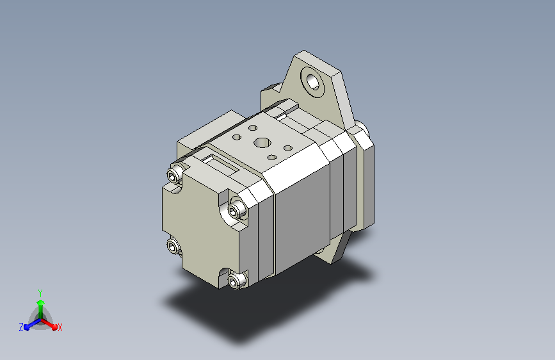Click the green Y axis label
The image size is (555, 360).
coord(40,293)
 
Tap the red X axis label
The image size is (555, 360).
coord(60,328)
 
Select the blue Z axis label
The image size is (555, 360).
coord(21,327)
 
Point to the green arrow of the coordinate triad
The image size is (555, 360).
coord(41,309)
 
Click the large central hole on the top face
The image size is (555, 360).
coord(262,143)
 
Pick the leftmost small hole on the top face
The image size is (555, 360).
coord(237,137)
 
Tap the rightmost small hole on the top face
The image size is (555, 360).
coord(288,148)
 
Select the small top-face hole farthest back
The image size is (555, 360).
coord(253,127)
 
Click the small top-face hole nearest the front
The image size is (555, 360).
coord(272,158)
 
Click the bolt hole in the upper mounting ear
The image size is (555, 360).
coord(313,82)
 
